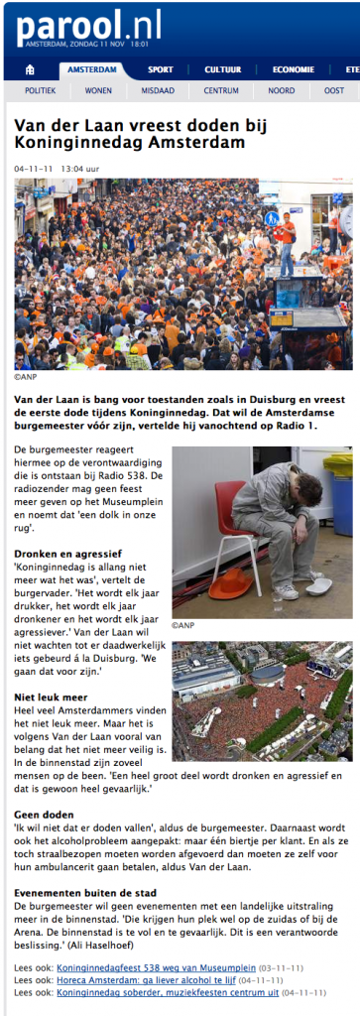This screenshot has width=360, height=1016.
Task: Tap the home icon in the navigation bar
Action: pyautogui.click(x=30, y=69)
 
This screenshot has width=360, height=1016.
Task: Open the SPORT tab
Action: pyautogui.click(x=161, y=69)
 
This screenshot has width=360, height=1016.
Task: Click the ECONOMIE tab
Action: pyautogui.click(x=294, y=69)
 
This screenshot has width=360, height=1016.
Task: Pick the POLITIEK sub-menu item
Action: pyautogui.click(x=41, y=90)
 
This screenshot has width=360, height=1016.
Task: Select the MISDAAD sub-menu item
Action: pyautogui.click(x=158, y=90)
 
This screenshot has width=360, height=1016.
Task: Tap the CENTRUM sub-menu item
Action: pyautogui.click(x=221, y=90)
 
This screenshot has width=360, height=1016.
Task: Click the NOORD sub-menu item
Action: pyautogui.click(x=281, y=90)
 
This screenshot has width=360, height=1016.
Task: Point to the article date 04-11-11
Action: pyautogui.click(x=33, y=169)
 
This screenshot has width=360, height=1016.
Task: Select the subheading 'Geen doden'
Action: pyautogui.click(x=43, y=815)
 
